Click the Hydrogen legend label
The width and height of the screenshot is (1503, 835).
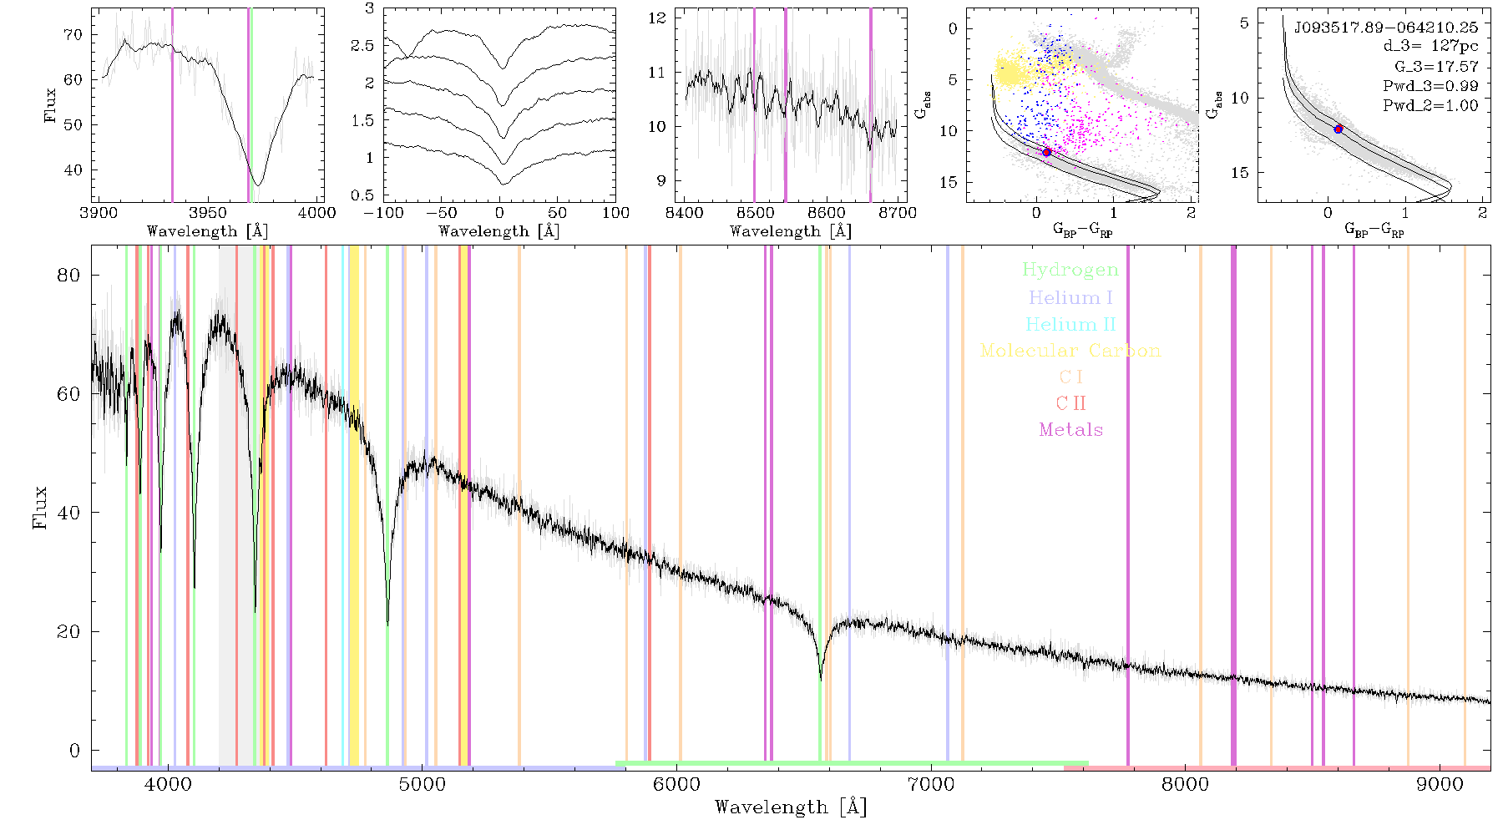(x=1070, y=271)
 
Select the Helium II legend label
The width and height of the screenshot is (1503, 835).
(x=1070, y=324)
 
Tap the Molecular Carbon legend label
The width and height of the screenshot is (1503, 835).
(x=1070, y=351)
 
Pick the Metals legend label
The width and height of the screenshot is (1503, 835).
(x=1071, y=430)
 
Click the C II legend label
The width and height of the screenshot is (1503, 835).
(x=1071, y=403)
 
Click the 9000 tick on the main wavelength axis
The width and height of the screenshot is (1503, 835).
(x=1440, y=784)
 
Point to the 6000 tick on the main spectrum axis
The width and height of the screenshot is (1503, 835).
(x=676, y=784)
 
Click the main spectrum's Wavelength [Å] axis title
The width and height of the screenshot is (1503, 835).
(x=791, y=807)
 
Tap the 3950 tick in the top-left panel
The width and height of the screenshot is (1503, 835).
(x=208, y=212)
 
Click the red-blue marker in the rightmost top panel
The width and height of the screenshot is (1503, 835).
(x=1339, y=129)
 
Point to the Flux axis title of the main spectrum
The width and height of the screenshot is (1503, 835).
(x=39, y=507)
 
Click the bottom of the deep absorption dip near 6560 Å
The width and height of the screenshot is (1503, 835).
(x=821, y=680)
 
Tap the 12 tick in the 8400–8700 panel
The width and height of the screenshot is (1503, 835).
(x=657, y=18)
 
